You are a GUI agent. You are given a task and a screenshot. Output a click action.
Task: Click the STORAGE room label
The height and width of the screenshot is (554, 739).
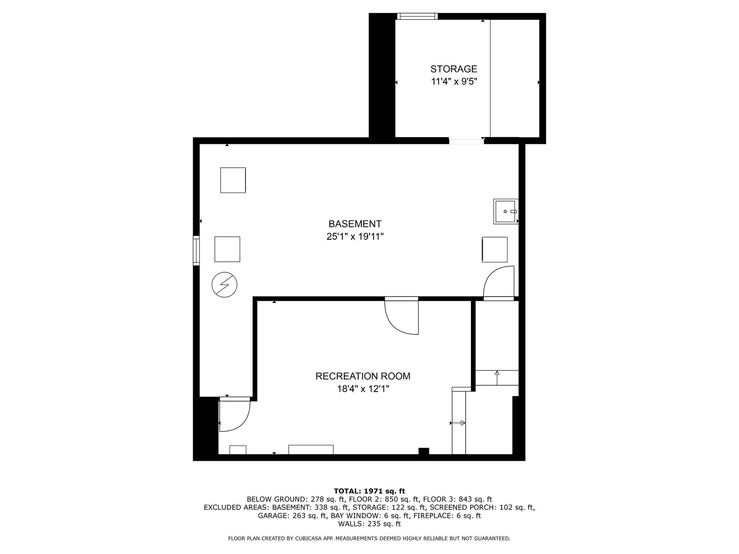(453, 69)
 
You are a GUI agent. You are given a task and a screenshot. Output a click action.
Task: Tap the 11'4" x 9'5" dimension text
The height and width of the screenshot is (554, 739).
(454, 82)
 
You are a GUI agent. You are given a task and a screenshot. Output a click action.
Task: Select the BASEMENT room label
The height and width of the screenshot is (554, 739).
(355, 224)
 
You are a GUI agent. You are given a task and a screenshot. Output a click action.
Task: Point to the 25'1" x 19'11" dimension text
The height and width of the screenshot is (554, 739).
(355, 237)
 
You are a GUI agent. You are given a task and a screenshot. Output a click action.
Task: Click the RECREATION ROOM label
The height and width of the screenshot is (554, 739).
(363, 376)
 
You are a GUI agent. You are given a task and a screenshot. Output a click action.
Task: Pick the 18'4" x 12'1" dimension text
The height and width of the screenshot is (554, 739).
(363, 389)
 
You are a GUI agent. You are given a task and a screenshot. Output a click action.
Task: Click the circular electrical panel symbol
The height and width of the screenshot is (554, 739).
(224, 284)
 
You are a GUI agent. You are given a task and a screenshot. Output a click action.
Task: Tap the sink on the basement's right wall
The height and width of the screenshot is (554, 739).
(506, 211)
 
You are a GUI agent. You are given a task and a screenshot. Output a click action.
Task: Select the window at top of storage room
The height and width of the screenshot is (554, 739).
(417, 16)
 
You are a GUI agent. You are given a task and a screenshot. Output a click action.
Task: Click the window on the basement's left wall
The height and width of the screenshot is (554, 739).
(196, 251)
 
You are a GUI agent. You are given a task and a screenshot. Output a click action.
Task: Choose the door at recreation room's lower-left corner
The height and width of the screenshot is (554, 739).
(235, 414)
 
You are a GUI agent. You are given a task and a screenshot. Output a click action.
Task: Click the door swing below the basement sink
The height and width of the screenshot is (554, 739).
(499, 283)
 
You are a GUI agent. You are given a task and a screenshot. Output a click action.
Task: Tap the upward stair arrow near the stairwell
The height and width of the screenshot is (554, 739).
(497, 378)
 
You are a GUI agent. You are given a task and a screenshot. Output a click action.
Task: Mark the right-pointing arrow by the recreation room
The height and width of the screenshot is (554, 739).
(458, 423)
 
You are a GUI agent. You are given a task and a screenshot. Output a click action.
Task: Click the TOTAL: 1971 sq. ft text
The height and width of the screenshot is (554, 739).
(369, 491)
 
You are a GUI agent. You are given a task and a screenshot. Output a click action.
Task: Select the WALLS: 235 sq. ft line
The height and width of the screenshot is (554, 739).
(369, 524)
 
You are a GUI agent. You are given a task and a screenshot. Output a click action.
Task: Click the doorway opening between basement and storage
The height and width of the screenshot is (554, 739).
(466, 141)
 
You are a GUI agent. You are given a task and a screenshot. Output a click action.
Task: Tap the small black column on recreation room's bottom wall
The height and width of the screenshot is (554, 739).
(424, 451)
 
